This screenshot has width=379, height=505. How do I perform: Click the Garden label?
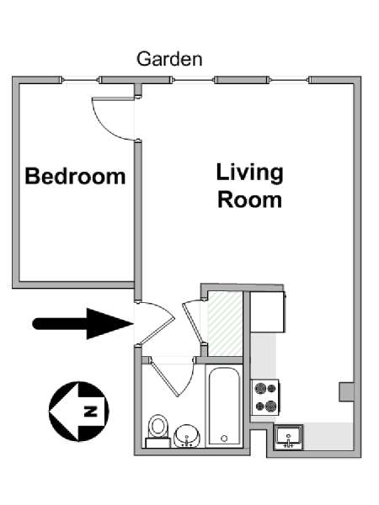[x=169, y=59]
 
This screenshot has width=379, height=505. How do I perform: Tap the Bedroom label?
[x=75, y=176]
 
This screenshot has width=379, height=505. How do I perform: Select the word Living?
[x=250, y=173]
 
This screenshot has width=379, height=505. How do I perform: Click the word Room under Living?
[x=250, y=199]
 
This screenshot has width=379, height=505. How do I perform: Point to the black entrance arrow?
[x=83, y=324]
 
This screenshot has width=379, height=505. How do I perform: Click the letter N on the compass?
[x=91, y=412]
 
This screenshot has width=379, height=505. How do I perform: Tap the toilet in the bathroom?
[x=157, y=431]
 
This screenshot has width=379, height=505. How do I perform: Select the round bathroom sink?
[x=187, y=435]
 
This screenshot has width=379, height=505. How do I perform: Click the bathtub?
[x=224, y=407]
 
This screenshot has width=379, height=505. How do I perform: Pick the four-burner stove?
[x=265, y=397]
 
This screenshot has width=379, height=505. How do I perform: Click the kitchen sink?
[x=288, y=437]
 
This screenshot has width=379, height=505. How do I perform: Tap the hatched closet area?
[x=225, y=324]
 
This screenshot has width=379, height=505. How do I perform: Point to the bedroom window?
[x=80, y=80]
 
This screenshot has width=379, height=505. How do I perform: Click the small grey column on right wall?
[x=346, y=392]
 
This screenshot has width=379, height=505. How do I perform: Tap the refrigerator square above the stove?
[x=268, y=311]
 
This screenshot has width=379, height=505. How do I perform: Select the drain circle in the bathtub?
[x=224, y=439]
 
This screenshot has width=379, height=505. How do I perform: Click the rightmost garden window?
[x=289, y=80]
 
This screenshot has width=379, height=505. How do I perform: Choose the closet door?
[x=193, y=322]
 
